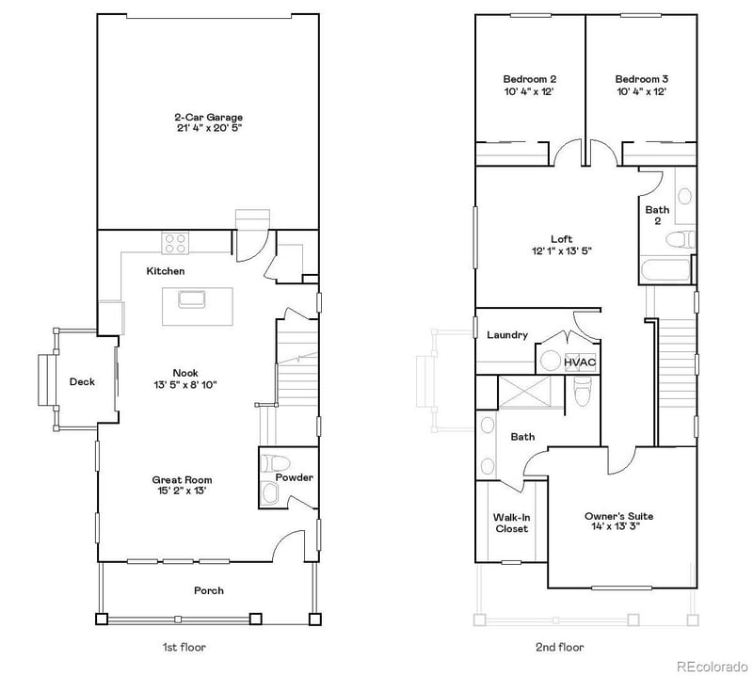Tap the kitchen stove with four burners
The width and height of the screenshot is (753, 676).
[176, 243]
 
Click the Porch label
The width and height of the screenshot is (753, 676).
[209, 590]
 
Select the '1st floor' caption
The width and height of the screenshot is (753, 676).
[184, 647]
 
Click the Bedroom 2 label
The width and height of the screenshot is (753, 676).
[529, 79]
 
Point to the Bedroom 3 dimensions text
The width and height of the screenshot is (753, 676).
[641, 92]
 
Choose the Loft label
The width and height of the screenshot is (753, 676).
[562, 239]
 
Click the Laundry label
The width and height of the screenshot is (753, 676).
[506, 334]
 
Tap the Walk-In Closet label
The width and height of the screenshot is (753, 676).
[511, 523]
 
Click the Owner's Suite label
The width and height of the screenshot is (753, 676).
[618, 516]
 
